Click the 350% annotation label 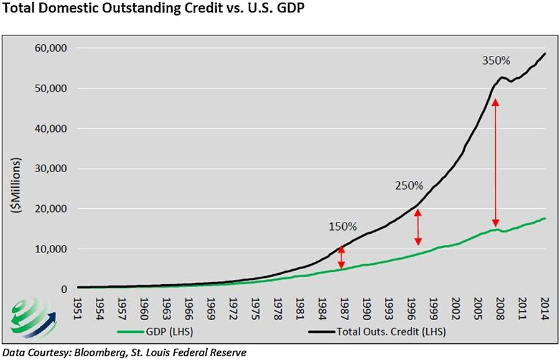tap(496, 61)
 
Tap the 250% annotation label tap(409, 185)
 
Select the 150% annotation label tap(342, 226)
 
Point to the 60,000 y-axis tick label tap(51, 48)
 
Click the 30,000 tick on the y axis tap(51, 168)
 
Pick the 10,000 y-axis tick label tap(51, 249)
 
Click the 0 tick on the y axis tap(64, 289)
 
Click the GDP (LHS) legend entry tap(155, 332)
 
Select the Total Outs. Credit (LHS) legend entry tap(377, 332)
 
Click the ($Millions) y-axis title tap(16, 185)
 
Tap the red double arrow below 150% tap(342, 257)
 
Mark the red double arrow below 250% tap(418, 228)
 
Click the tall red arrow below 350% tap(495, 162)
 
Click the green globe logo tap(32, 318)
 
